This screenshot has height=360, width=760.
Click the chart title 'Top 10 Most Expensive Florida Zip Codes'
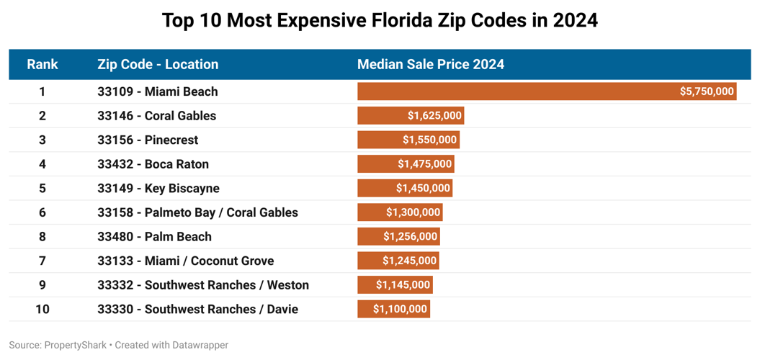coord(380,20)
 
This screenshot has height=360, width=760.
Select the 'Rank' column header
coord(43,64)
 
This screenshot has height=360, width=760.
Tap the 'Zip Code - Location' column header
coord(158,64)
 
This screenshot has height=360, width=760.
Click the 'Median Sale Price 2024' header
coord(430,64)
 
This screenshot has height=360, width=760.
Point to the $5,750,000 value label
coord(706,91)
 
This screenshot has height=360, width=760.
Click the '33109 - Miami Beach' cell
coord(157,91)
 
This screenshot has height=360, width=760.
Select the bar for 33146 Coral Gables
coord(410,116)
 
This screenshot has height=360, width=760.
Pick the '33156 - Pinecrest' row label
coord(148,140)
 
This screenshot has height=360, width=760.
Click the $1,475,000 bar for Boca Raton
coord(406,164)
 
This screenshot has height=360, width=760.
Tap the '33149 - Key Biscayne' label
coord(158,188)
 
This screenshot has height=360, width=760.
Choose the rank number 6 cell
coord(43,212)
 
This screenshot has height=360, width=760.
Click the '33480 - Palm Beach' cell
coord(154,236)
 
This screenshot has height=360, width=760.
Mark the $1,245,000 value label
coord(409,261)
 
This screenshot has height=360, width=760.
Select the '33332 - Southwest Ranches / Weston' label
coord(202,285)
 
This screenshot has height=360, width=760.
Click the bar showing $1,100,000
coord(393,309)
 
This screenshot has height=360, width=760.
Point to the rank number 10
coord(43,309)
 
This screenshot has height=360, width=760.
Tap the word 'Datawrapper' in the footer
coord(200,345)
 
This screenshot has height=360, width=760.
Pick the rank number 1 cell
coord(43,91)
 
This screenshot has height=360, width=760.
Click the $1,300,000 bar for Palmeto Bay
coord(400,212)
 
